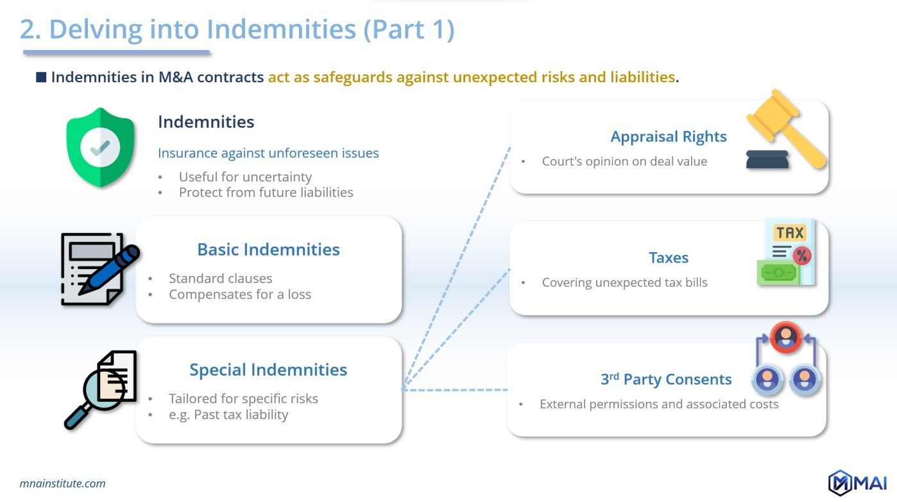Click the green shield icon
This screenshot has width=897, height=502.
point(99,147)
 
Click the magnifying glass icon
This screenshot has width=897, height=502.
point(99,390)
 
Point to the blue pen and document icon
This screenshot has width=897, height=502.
point(99,269)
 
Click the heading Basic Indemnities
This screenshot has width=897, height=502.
point(268,249)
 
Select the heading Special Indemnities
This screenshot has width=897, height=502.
point(268,370)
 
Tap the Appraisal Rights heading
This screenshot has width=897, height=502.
point(669,136)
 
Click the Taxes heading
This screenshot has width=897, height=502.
point(669,257)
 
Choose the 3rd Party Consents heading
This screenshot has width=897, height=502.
point(666,379)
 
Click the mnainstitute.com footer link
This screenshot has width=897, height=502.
point(63,483)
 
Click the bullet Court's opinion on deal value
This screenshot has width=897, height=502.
point(624,161)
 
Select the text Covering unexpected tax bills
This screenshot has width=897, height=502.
point(624,282)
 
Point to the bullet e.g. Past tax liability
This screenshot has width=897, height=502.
point(228,414)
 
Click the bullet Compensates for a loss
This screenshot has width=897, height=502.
point(240,294)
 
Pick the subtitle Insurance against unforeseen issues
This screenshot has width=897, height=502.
point(268,153)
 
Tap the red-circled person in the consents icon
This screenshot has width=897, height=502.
point(787,336)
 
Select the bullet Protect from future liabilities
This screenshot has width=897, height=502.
point(266,192)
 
